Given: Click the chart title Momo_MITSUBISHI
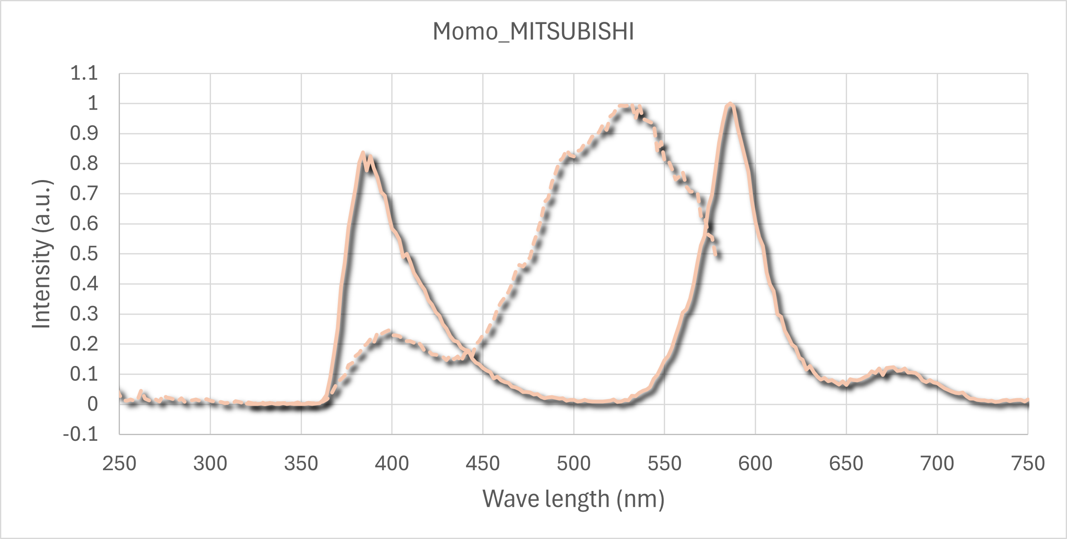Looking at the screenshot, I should [x=533, y=31].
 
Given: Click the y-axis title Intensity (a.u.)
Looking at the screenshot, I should [x=42, y=254].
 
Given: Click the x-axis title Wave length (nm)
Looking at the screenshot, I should [x=573, y=499].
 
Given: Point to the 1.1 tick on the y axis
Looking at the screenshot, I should [x=84, y=73].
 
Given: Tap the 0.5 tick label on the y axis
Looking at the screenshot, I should [x=84, y=254].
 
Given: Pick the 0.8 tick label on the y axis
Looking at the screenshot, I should [x=84, y=164].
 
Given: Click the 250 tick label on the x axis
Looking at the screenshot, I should [x=119, y=464].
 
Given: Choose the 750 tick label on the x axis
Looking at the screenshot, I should [x=1028, y=464].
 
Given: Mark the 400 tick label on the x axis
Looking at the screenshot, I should [x=392, y=464].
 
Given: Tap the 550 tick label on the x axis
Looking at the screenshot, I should [x=664, y=464].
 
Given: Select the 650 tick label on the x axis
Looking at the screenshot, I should [x=846, y=464].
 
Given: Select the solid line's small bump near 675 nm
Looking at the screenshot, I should [x=890, y=368].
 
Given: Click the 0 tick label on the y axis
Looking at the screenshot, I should [x=92, y=404].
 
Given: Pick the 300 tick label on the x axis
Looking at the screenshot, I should [x=210, y=464].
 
